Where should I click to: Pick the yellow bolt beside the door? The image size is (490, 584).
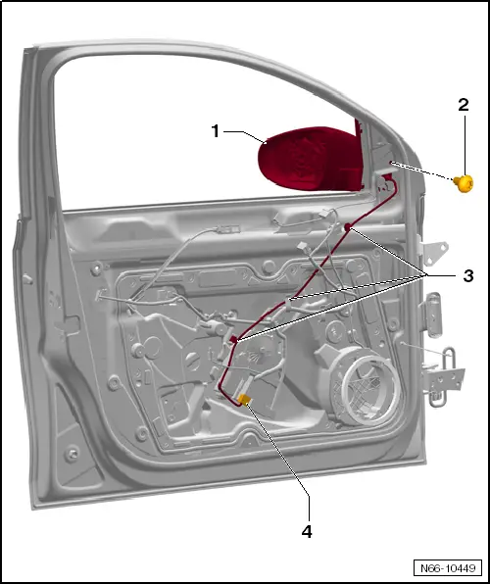[x=464, y=181]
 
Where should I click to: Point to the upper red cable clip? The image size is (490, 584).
[x=348, y=227]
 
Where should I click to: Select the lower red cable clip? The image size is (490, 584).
[x=233, y=339]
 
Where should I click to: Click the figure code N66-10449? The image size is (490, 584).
[x=449, y=566]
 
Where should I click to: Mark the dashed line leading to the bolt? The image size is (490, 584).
[x=426, y=172]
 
